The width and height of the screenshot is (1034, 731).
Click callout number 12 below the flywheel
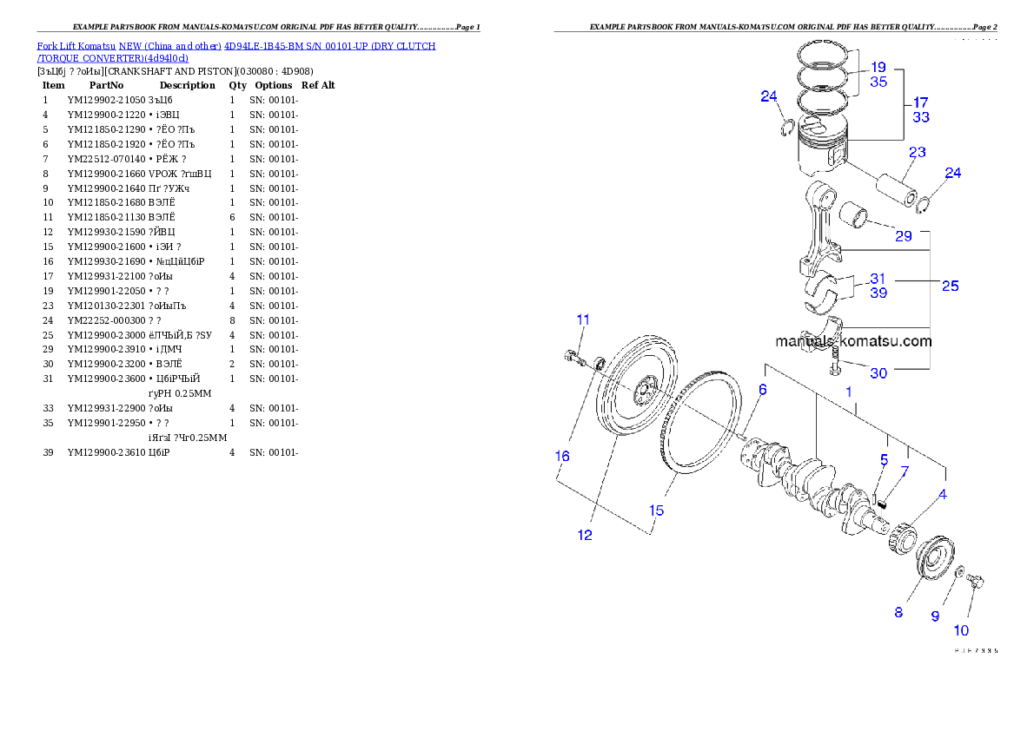585,535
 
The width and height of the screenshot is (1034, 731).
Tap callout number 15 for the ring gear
657,510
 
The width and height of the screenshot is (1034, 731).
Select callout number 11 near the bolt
583,319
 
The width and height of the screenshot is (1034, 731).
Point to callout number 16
563,456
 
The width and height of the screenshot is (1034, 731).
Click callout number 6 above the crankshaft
762,390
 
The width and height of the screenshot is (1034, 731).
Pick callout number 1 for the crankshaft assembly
849,392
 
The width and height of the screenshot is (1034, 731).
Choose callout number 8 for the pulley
898,612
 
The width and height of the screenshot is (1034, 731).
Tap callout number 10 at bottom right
962,630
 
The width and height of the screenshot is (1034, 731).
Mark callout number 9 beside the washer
935,616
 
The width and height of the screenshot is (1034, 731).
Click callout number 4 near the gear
942,496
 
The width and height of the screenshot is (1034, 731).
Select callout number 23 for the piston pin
918,153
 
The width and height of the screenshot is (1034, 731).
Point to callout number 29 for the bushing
904,235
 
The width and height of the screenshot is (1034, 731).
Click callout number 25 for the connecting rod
951,286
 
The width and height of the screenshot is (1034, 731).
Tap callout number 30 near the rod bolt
878,373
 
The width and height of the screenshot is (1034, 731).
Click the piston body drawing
821,156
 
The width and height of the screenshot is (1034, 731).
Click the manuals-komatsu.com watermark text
853,342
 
